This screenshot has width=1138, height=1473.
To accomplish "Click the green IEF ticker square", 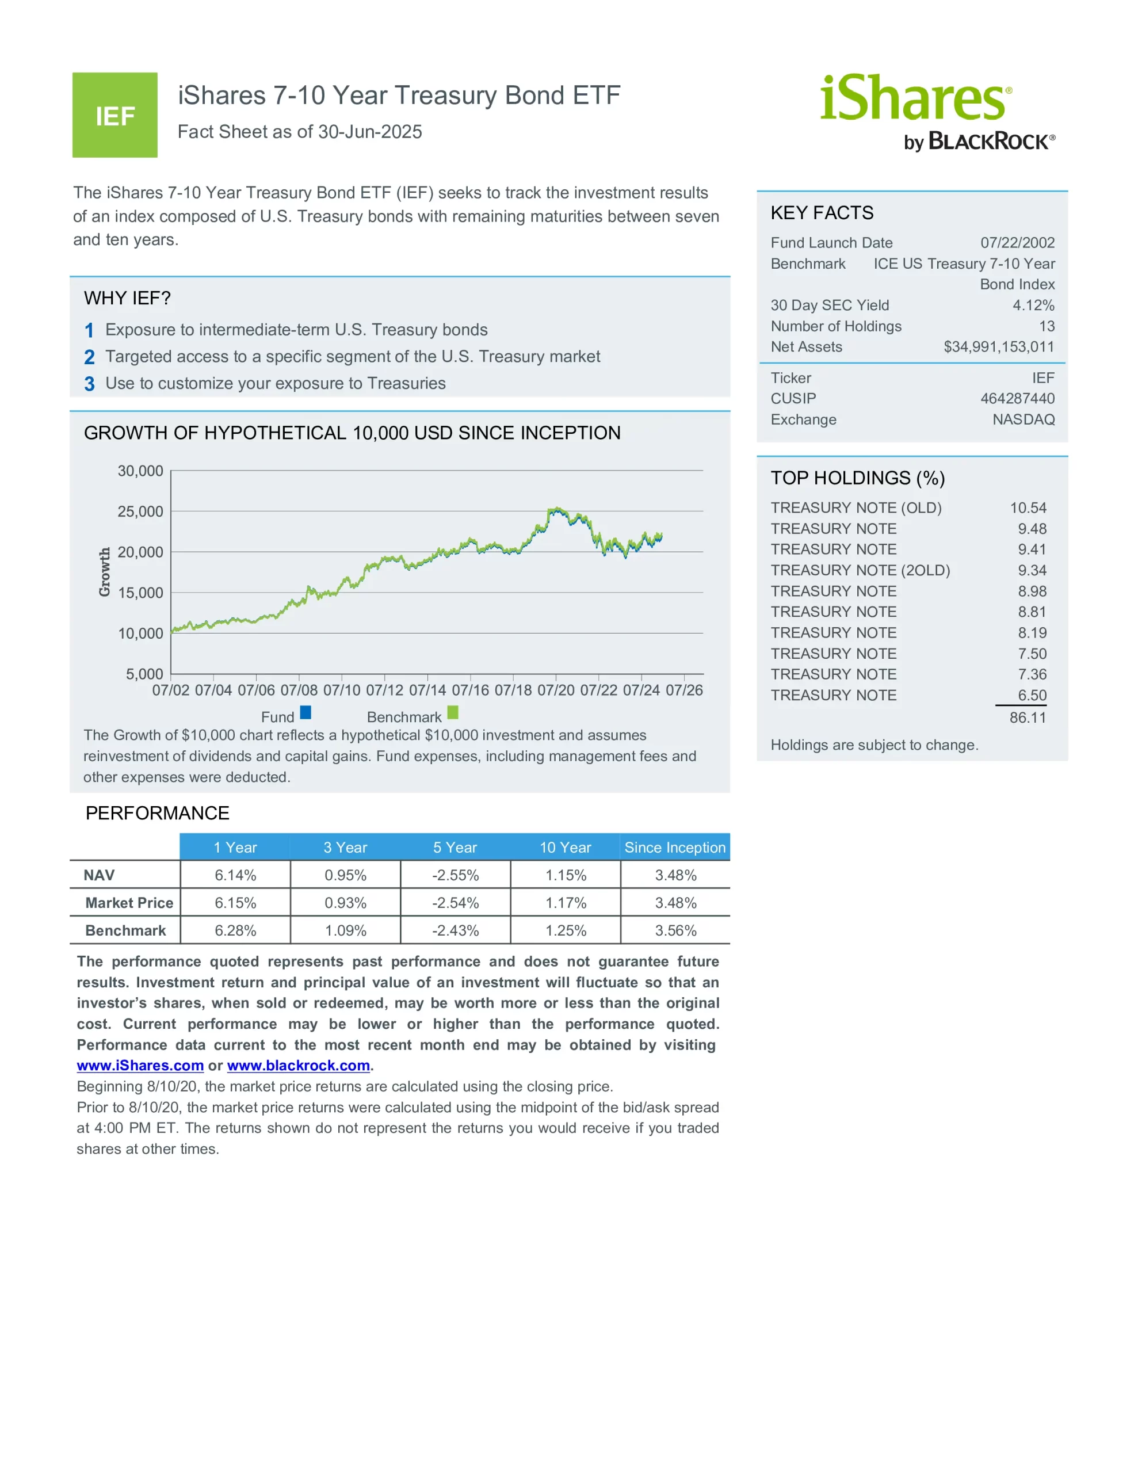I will tap(114, 115).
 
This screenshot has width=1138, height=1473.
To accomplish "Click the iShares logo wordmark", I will tap(915, 98).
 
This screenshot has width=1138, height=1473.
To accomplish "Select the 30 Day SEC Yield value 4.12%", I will tap(1033, 306).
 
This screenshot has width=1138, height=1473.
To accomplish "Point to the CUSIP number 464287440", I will tap(1017, 399).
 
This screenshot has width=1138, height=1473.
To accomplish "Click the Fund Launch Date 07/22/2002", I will tap(1017, 243).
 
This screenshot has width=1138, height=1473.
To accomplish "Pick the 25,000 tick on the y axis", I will tap(140, 511).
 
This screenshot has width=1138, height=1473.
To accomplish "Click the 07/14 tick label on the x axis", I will tap(427, 690).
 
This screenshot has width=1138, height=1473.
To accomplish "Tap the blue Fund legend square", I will tap(305, 712).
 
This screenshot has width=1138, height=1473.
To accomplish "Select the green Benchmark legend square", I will tap(453, 712).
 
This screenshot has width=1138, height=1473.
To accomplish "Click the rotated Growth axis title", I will tap(105, 572).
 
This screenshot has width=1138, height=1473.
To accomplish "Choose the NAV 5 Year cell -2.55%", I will tap(455, 875).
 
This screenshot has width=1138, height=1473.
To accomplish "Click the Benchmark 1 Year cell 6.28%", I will tap(235, 931).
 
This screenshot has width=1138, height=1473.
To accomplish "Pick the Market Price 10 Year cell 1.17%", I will tap(566, 903).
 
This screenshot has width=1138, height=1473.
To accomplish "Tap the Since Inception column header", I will tap(674, 848).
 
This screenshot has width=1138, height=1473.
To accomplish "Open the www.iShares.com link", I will tap(140, 1066).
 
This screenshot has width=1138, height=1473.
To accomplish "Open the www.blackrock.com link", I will tap(298, 1066).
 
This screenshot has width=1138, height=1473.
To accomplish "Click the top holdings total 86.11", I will tap(1028, 718).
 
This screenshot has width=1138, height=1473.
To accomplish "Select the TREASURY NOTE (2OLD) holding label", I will tap(860, 571).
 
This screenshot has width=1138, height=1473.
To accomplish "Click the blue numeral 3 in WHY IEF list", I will tap(89, 384).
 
